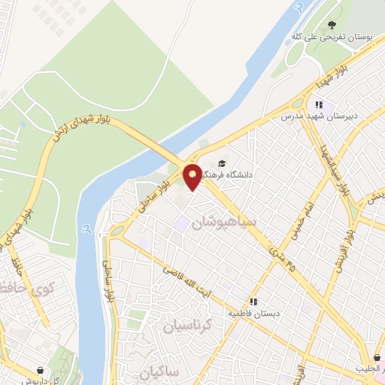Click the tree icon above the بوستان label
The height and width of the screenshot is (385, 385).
[x=332, y=26]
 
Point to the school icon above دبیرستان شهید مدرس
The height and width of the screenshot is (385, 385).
[x=319, y=105]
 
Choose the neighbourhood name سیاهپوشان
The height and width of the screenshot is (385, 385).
[x=224, y=223]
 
